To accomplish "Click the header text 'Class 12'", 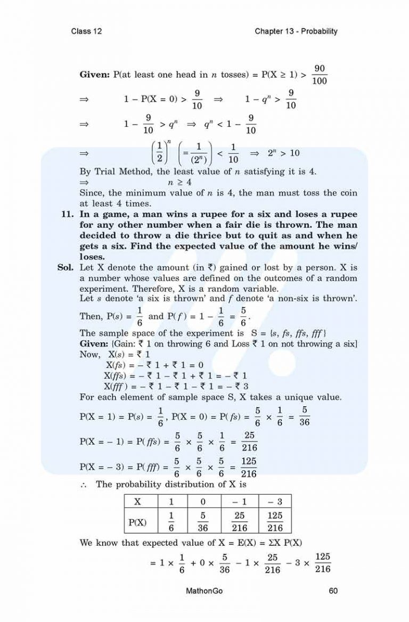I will (86, 31).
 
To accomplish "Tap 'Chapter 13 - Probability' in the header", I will (296, 31).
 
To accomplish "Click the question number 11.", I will (69, 215).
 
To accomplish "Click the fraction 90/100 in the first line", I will (320, 75).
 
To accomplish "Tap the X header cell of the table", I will (137, 501).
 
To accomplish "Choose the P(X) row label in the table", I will (138, 522).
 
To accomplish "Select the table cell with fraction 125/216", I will (275, 522).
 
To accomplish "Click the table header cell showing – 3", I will (275, 501).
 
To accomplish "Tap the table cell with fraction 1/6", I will (171, 522).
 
